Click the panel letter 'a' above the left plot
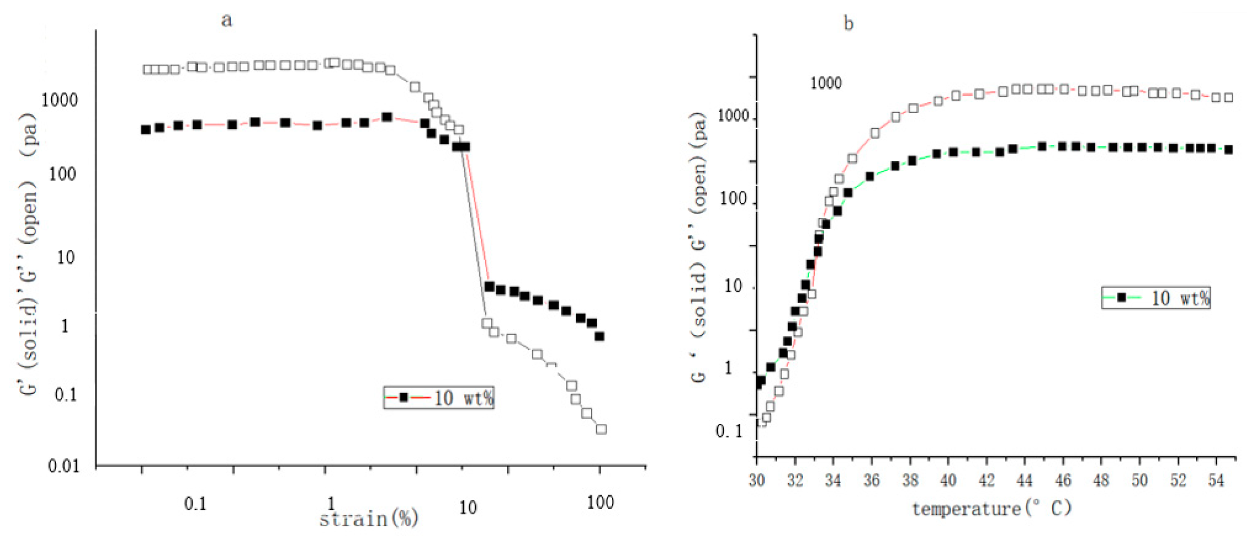point(226,20)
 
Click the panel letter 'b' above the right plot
point(848,23)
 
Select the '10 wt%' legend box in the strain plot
point(438,398)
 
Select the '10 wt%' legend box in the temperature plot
point(1156,298)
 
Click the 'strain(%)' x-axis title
point(369,519)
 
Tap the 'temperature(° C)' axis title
point(992,508)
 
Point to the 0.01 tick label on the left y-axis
point(64,466)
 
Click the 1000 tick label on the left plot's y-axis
point(60,100)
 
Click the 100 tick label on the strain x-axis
point(600,503)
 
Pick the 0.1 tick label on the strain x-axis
point(195,504)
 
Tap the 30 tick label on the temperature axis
point(757,480)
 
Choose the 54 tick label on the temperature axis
point(1216,480)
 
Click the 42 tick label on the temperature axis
point(986,480)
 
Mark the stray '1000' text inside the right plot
point(826,83)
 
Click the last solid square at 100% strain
point(600,337)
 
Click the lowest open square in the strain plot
point(601,429)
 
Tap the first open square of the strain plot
point(148,69)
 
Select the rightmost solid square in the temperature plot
point(1229,150)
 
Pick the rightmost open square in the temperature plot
point(1229,97)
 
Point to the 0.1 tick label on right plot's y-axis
point(730,431)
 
